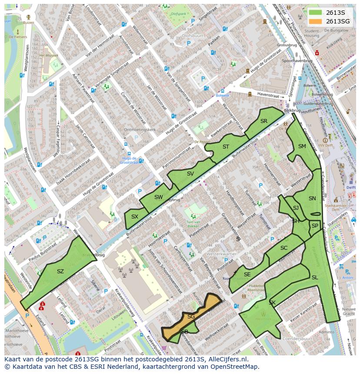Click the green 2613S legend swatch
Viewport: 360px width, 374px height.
pos(316,13)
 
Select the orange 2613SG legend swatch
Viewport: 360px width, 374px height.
pos(316,21)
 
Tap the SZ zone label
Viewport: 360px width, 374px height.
pos(60,271)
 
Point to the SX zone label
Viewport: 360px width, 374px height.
pos(135,216)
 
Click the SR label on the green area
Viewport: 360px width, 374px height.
pos(264,121)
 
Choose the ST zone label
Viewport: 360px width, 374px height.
pos(226,147)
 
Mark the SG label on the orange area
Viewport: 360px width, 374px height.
pos(191,317)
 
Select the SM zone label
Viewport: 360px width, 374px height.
pos(302,146)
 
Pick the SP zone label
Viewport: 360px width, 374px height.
pos(315,226)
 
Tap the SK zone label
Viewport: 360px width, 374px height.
pos(272,302)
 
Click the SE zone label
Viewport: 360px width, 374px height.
pos(247,275)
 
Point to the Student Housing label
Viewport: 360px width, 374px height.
pos(312,33)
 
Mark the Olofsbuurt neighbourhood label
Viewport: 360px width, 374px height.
pos(193,36)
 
